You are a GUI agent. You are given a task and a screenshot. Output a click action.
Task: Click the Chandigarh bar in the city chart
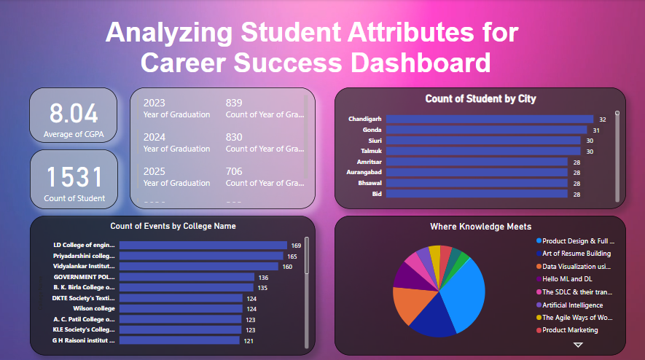point(490,119)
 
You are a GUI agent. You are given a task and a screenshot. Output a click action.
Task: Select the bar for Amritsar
point(477,162)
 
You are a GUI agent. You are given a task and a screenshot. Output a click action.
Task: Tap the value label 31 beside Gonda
point(596,130)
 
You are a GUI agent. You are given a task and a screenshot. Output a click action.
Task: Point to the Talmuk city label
point(371,151)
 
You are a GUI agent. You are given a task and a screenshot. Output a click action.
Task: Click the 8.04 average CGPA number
point(73,113)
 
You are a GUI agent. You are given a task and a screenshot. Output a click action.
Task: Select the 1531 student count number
point(73,176)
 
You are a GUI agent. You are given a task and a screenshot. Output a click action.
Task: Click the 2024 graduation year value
point(155,136)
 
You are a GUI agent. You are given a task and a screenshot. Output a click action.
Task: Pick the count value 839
point(234,103)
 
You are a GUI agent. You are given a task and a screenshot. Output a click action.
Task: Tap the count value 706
point(234,171)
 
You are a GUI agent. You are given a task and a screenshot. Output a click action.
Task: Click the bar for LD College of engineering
point(203,246)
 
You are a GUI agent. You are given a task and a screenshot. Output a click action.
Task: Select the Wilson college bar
point(180,308)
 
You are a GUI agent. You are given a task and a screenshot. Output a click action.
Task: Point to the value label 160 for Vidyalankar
point(286,267)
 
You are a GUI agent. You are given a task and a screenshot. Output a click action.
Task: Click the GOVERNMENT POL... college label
point(84,277)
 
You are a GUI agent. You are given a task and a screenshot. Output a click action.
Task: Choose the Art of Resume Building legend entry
point(576,254)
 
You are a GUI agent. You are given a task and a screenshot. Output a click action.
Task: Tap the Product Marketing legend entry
point(569,330)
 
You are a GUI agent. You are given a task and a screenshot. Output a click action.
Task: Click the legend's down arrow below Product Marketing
point(578,345)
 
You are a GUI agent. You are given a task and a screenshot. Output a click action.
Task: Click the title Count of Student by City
point(480,98)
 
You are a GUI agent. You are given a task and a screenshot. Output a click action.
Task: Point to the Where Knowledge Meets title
point(480,227)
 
